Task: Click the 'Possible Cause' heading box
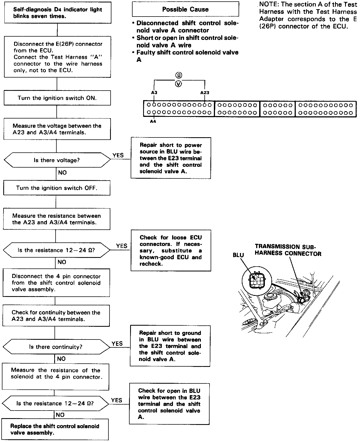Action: point(185,9)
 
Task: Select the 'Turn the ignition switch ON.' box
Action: point(57,98)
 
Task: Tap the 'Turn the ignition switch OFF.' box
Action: point(57,188)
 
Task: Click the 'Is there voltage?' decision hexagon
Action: point(57,160)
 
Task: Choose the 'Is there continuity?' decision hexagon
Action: point(56,347)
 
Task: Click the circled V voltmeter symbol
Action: point(178,84)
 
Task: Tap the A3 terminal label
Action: point(154,92)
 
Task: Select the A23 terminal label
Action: point(205,92)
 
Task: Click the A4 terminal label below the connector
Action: point(153,121)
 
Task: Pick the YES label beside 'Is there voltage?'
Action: point(118,155)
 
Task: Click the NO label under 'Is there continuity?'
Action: point(61,359)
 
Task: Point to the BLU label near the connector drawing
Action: point(238,255)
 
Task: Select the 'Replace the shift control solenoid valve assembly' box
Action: point(55,429)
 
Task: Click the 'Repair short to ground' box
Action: point(170,346)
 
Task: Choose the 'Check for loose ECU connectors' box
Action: point(171,251)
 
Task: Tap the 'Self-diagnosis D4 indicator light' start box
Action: point(57,13)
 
